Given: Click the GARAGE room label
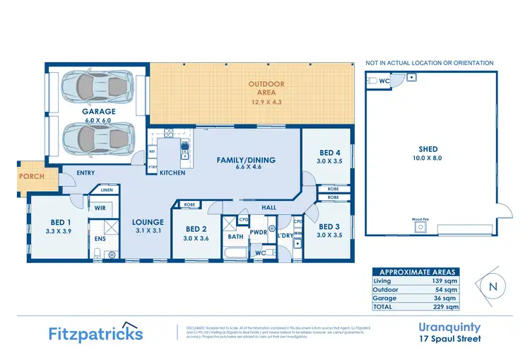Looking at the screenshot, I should (98, 111).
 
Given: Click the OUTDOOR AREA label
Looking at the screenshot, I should (266, 84).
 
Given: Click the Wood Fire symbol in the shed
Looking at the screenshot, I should (420, 227).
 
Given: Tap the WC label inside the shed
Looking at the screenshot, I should (384, 81).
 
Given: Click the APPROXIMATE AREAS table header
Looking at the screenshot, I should (418, 272).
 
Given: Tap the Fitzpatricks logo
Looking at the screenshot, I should (95, 334).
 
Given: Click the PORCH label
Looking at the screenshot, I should (31, 176).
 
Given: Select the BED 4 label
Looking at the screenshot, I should (330, 153).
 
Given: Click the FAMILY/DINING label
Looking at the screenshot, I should (246, 160).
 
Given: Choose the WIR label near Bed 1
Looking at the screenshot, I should (100, 208).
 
